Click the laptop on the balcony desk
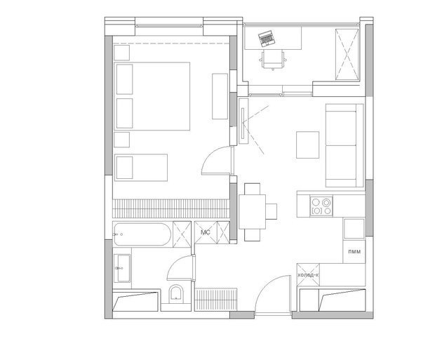[x=267, y=39]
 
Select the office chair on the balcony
[x=273, y=60]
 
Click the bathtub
[x=142, y=234]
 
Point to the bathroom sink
[x=122, y=268]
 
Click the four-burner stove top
[x=321, y=206]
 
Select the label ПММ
[x=354, y=252]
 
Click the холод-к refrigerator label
[x=308, y=275]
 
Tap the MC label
[x=206, y=232]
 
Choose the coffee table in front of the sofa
[x=307, y=145]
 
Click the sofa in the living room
[x=344, y=145]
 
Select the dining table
[x=252, y=212]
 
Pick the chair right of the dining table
[x=272, y=211]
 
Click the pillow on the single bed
[x=124, y=168]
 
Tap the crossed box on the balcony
[x=347, y=54]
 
